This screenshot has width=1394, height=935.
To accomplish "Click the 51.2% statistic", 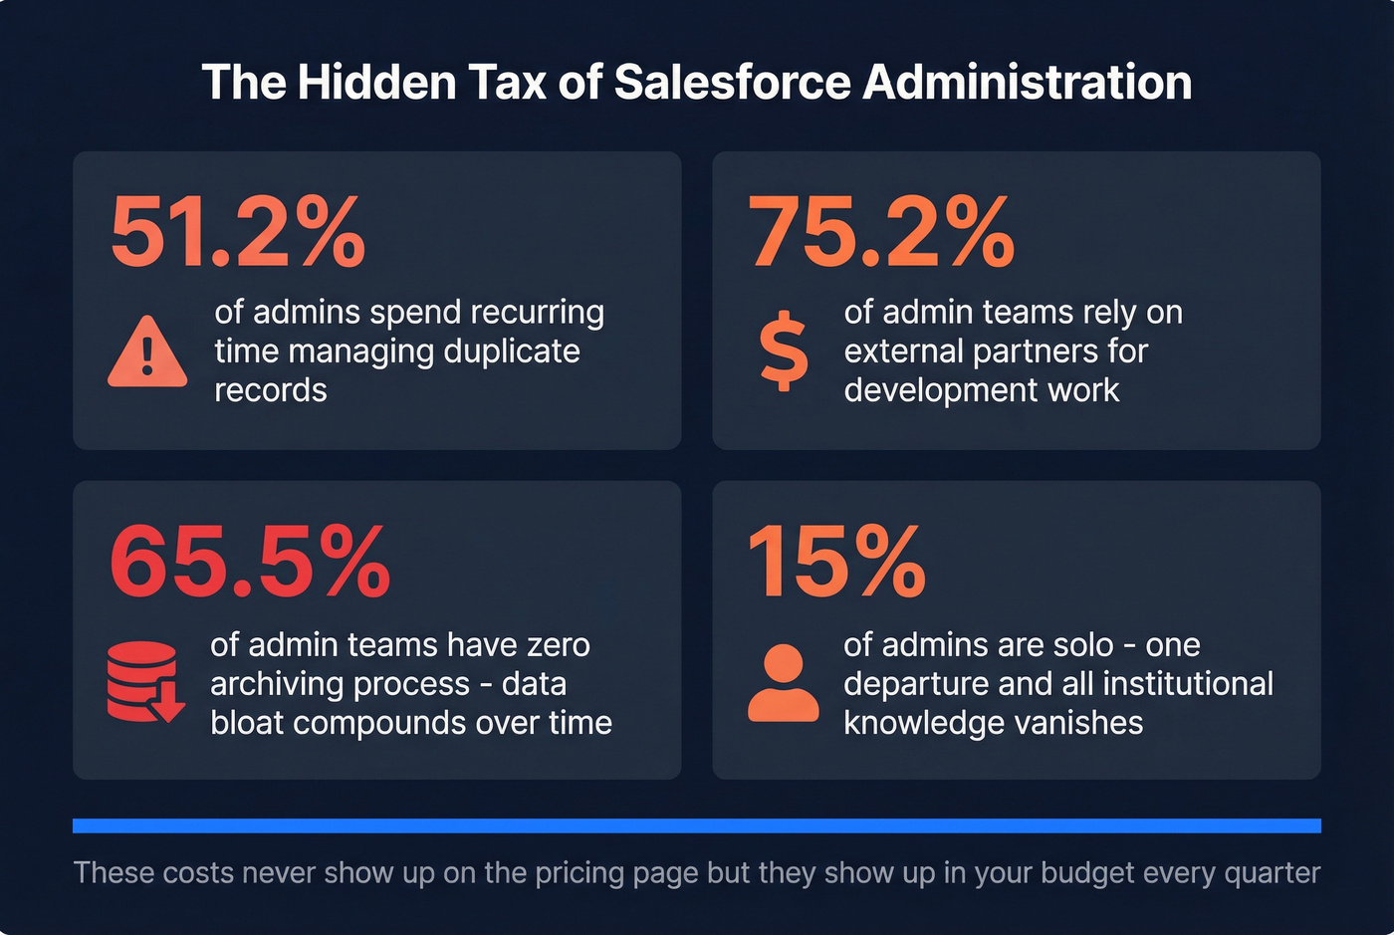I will point(238,234).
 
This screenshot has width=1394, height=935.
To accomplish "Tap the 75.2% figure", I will point(881,234).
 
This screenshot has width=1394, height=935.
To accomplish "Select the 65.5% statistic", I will point(250,563).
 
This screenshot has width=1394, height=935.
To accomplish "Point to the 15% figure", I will point(836,563).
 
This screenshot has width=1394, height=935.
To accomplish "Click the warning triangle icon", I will point(147,352).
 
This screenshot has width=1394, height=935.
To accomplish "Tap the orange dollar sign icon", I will point(784,351).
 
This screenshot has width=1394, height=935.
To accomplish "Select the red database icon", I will point(144,682).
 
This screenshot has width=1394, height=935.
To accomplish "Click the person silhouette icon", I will point(784,683).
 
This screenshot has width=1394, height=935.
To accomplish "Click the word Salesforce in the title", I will point(732,82).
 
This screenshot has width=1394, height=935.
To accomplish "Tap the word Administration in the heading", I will point(1027,82).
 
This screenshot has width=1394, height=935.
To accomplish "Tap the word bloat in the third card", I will point(247,723).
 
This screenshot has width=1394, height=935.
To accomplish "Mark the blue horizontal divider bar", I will point(697,825).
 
